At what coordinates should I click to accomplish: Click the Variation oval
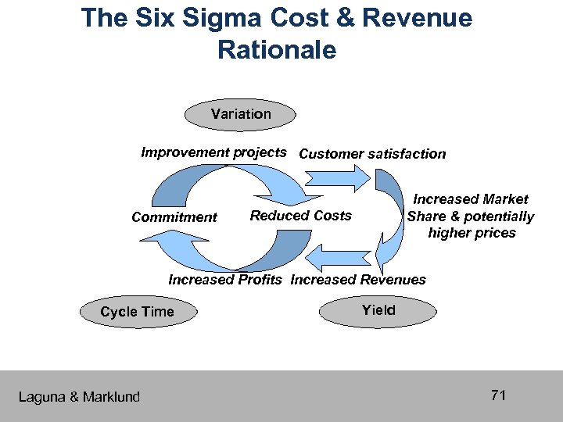tap(241, 114)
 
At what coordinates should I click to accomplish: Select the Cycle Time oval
tap(138, 312)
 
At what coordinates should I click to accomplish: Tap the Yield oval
tap(378, 310)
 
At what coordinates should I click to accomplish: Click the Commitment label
tap(174, 217)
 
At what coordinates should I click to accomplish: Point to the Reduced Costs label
tap(300, 216)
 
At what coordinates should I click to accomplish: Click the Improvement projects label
tap(213, 152)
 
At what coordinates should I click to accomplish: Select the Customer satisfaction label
tap(372, 154)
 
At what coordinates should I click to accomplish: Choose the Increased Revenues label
tap(358, 280)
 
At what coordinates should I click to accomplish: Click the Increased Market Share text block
tap(471, 216)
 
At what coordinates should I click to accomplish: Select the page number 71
tap(499, 395)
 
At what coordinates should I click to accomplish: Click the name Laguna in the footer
tap(42, 397)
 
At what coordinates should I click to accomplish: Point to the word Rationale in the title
tap(277, 50)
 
